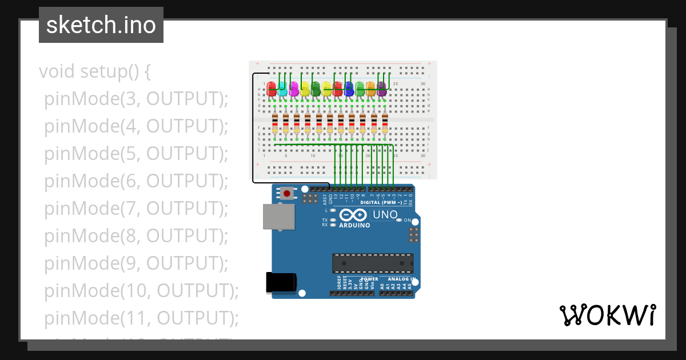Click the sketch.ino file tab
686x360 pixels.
(x=101, y=25)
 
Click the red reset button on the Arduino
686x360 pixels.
(x=286, y=194)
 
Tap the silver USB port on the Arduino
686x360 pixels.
(x=278, y=217)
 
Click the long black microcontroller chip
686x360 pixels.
(x=373, y=263)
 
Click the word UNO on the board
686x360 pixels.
(x=385, y=215)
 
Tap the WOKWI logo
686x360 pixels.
(x=607, y=315)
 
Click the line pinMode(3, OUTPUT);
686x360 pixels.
(x=136, y=99)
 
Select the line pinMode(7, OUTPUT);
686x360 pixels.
(x=136, y=208)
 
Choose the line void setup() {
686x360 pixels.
(x=95, y=72)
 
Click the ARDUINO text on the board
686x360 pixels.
(x=354, y=225)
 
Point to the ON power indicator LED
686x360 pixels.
(x=399, y=220)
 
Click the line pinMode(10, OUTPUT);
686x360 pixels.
(x=141, y=290)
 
